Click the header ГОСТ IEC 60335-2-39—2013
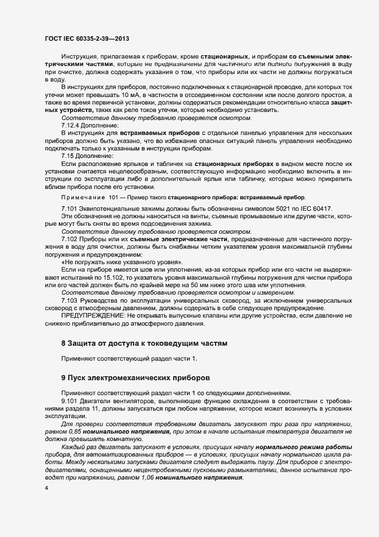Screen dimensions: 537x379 pos(86,39)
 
